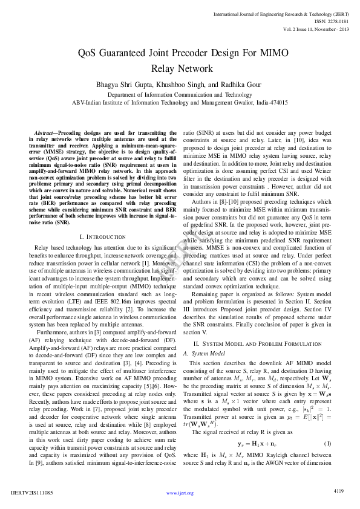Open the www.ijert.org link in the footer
[x=180, y=493]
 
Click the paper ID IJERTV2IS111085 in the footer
[x=32, y=493]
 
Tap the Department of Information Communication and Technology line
[x=180, y=95]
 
